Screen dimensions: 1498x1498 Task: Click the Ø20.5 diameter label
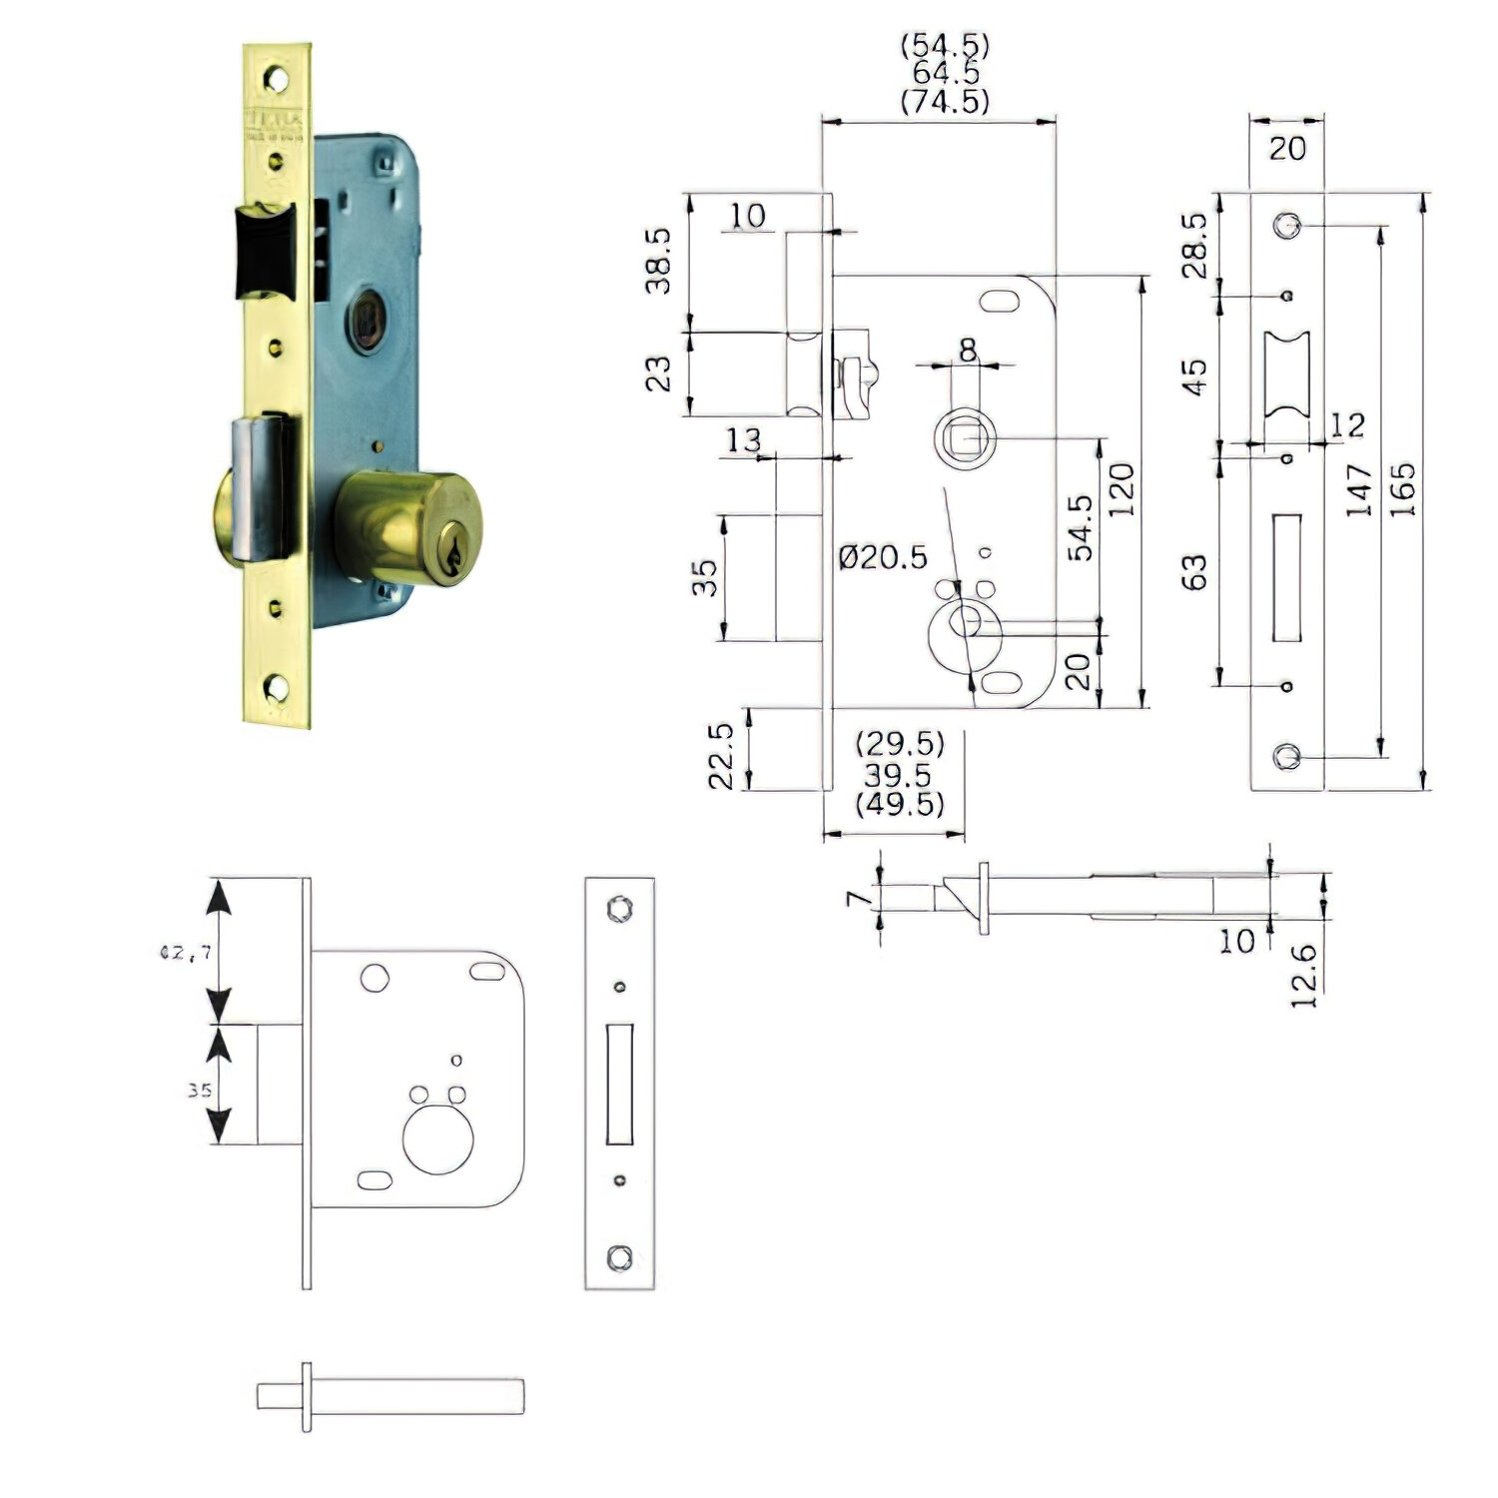tap(883, 556)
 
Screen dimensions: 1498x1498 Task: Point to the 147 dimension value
tap(1359, 489)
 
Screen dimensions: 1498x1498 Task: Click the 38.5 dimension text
tap(658, 261)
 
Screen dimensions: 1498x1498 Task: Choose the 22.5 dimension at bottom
tap(721, 756)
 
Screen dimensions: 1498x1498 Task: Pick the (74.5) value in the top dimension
tap(945, 101)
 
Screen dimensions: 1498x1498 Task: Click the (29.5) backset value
tap(900, 744)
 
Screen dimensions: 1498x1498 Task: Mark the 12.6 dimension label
tap(1304, 976)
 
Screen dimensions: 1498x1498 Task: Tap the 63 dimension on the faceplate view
tap(1194, 572)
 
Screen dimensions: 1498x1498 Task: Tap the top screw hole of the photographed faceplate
tap(275, 78)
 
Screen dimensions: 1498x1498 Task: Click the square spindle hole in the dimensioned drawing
tap(965, 438)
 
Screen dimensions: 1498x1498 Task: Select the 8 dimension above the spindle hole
tap(967, 350)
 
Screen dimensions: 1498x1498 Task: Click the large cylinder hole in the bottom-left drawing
tap(435, 1141)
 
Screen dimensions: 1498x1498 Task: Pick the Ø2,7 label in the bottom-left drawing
tap(186, 953)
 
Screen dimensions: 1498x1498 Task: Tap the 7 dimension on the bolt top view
tap(854, 898)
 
